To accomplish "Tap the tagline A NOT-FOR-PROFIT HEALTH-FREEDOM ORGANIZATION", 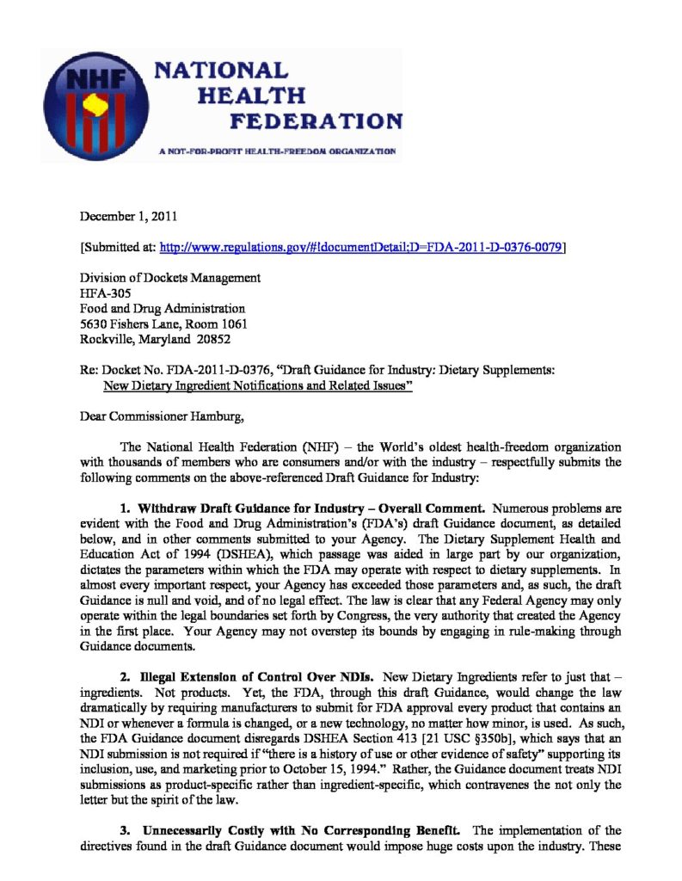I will pyautogui.click(x=277, y=151).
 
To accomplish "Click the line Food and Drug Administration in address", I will pyautogui.click(x=162, y=308).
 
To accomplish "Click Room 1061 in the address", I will pyautogui.click(x=217, y=323).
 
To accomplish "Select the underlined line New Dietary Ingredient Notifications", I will pyautogui.click(x=258, y=386).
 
